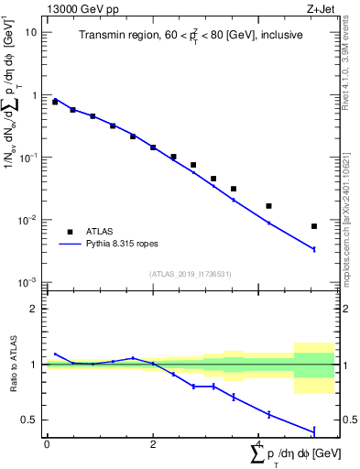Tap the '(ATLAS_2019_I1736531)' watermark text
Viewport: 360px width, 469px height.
click(190, 274)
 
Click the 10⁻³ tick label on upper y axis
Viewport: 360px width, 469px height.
click(28, 281)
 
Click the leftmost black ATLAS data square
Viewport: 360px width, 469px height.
click(55, 102)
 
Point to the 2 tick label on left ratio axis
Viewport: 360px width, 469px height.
click(34, 309)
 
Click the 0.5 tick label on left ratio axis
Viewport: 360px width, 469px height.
click(30, 420)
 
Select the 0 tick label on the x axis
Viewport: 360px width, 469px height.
click(47, 443)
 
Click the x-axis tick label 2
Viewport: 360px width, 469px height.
click(153, 443)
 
